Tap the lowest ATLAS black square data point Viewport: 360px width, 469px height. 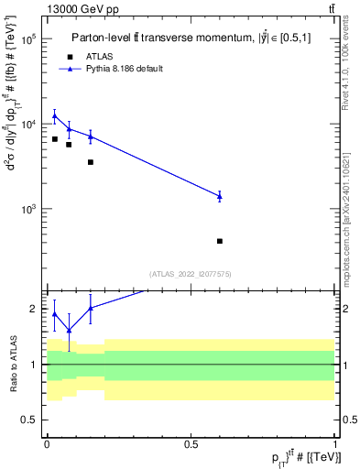(x=220, y=241)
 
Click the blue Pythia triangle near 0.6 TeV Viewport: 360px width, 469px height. (x=220, y=195)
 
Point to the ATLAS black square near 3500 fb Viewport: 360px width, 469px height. (x=90, y=162)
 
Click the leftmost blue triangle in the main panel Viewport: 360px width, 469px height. (x=55, y=115)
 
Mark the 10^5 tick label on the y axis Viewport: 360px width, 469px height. (x=27, y=40)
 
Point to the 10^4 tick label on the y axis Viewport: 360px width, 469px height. (x=27, y=125)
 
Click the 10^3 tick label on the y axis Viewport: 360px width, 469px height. (x=27, y=209)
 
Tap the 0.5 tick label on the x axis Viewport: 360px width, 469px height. (x=191, y=442)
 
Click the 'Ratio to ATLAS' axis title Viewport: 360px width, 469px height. (x=12, y=365)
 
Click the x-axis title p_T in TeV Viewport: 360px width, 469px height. (x=293, y=455)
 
